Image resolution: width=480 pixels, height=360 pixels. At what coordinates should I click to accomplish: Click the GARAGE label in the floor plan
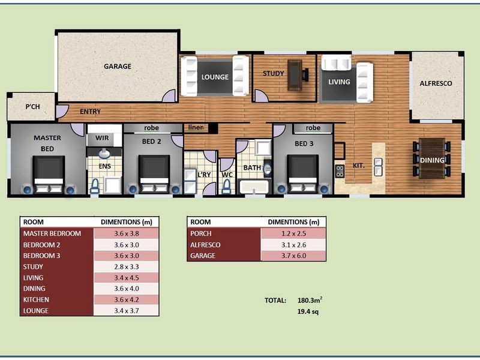pyautogui.click(x=118, y=66)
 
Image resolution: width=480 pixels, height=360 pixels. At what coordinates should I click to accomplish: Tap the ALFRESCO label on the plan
pyautogui.click(x=436, y=83)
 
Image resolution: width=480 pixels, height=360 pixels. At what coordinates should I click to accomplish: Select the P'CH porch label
pyautogui.click(x=32, y=107)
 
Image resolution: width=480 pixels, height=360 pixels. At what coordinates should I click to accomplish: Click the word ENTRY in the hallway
pyautogui.click(x=89, y=112)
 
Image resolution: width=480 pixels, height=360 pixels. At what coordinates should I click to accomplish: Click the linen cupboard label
pyautogui.click(x=196, y=128)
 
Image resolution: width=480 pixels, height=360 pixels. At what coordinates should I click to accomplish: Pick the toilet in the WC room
pyautogui.click(x=227, y=185)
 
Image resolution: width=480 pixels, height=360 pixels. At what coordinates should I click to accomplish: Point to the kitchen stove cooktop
pyautogui.click(x=340, y=171)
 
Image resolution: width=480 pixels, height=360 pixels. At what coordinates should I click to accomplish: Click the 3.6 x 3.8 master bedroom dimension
pyautogui.click(x=127, y=233)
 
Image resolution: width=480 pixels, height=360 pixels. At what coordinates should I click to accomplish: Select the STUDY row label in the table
pyautogui.click(x=34, y=266)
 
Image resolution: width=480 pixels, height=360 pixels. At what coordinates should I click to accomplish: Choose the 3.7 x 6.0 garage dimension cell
pyautogui.click(x=293, y=256)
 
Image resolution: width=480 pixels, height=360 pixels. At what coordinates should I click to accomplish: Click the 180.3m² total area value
pyautogui.click(x=313, y=300)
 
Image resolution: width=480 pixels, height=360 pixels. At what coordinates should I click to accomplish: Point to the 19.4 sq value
pyautogui.click(x=308, y=312)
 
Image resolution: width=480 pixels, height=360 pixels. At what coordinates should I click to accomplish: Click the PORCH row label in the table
pyautogui.click(x=202, y=233)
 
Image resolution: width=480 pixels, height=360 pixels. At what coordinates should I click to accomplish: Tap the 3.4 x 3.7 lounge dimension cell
pyautogui.click(x=127, y=311)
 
